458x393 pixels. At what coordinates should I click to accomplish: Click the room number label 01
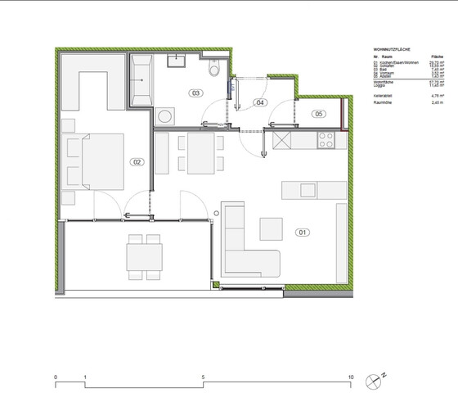[x=303, y=233]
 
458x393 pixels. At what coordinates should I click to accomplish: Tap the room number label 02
[x=137, y=162]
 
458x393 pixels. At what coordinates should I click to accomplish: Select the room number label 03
[x=196, y=93]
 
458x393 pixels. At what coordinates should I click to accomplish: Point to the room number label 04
[x=260, y=102]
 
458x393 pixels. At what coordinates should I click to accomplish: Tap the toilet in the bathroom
[x=215, y=71]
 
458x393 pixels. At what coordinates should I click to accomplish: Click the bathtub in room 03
[x=141, y=80]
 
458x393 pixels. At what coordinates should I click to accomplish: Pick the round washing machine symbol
[x=165, y=116]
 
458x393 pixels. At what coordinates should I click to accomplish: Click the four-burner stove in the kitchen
[x=328, y=140]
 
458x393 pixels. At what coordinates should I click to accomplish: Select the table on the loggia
[x=144, y=257]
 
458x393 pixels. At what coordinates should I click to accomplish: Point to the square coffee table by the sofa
[x=270, y=227]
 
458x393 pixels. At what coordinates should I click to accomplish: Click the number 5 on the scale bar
[x=203, y=377]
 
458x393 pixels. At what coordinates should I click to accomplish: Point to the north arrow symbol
[x=375, y=379]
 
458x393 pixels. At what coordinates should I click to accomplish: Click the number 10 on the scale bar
[x=351, y=377]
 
